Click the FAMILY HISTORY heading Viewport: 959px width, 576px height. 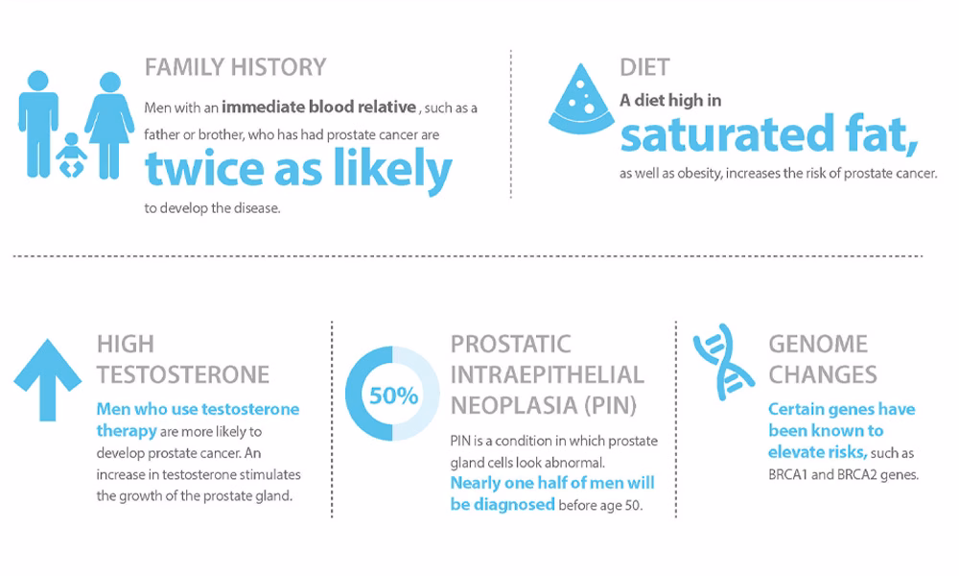236,67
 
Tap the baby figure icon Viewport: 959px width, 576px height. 71,155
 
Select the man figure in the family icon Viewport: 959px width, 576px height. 38,124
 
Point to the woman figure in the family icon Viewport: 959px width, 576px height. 109,126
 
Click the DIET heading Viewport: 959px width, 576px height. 644,67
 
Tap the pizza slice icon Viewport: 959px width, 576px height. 581,99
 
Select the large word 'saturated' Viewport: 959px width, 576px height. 727,134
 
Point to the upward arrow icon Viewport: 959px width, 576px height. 48,380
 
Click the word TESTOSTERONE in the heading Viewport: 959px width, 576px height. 183,374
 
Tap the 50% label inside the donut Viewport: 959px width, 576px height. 393,396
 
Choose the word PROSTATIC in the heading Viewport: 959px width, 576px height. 511,344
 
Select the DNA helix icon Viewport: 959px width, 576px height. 723,362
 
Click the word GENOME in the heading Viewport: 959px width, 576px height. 818,344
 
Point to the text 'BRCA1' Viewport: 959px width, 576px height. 787,474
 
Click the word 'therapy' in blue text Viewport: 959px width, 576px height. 127,431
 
